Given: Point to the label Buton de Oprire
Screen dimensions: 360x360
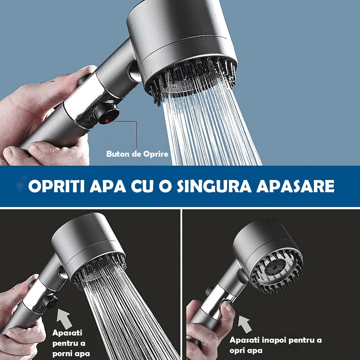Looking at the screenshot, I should coord(137,154).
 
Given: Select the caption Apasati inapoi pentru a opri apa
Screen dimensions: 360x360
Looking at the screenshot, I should coord(275,345).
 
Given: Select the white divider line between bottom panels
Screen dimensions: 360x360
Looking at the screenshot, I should coord(181,284).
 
